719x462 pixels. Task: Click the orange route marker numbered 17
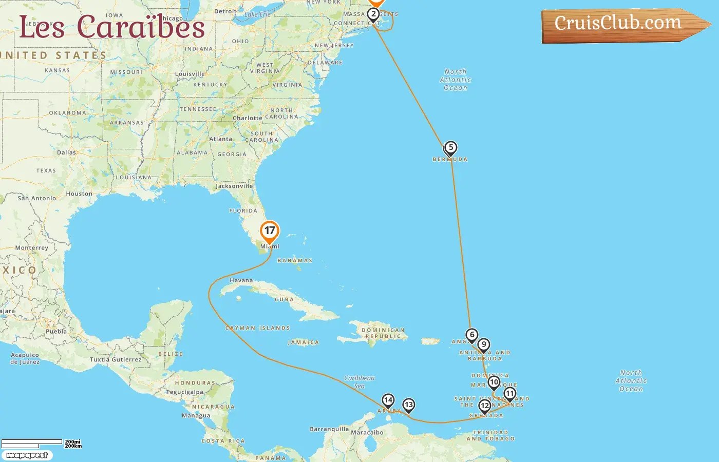[270, 231]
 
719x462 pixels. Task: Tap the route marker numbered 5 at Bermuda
[450, 148]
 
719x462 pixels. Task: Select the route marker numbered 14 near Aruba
[388, 400]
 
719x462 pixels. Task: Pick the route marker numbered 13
[408, 405]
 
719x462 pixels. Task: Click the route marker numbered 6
[472, 335]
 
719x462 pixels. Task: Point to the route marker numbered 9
[483, 345]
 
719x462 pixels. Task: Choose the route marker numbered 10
[494, 382]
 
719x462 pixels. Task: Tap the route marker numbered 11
[509, 394]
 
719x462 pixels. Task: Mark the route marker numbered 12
[484, 406]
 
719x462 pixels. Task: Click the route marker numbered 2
[373, 14]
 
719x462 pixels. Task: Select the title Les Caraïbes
[112, 27]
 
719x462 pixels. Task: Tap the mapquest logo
[27, 455]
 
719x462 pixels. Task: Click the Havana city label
[241, 281]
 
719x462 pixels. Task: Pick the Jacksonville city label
[234, 186]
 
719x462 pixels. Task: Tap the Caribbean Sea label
[359, 382]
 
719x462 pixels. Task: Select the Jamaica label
[304, 342]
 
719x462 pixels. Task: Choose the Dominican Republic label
[383, 333]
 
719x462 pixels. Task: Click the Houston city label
[79, 194]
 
